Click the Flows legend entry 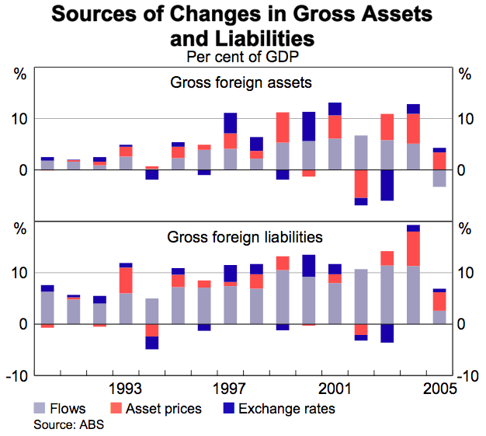pyautogui.click(x=59, y=408)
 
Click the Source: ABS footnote pyautogui.click(x=68, y=424)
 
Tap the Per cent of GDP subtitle pyautogui.click(x=242, y=57)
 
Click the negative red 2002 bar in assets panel pyautogui.click(x=361, y=183)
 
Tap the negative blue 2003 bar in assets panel pyautogui.click(x=387, y=185)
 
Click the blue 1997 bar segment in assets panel pyautogui.click(x=230, y=123)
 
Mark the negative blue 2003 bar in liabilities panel pyautogui.click(x=387, y=333)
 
